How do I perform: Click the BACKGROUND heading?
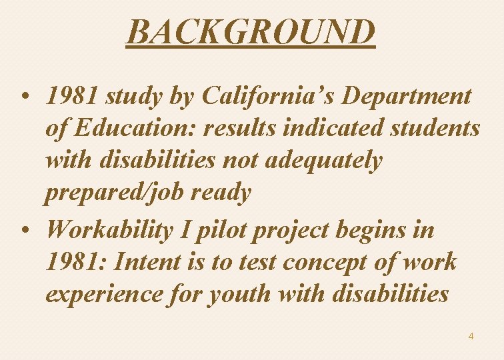251,32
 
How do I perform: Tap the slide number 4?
471,336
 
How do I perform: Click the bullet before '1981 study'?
25,97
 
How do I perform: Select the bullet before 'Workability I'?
25,231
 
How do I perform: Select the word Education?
135,128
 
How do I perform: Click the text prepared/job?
114,193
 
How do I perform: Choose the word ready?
221,193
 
